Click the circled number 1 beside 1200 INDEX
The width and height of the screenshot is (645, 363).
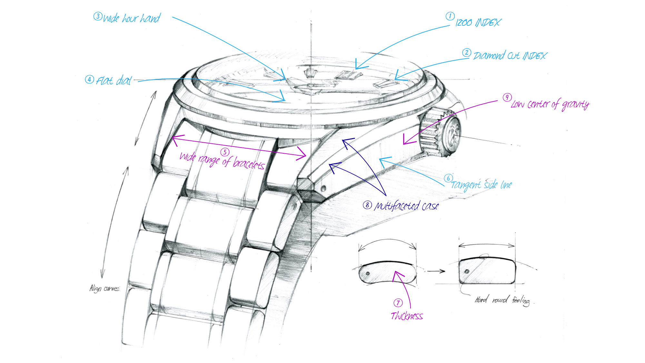tap(450, 16)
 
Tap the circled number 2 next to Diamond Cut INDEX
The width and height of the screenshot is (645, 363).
tap(466, 53)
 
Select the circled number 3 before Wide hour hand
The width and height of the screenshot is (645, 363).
tap(98, 16)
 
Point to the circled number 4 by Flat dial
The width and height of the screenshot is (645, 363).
tap(89, 79)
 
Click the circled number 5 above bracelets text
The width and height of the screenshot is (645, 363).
tap(225, 152)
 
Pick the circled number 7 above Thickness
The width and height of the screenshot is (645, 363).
tap(398, 303)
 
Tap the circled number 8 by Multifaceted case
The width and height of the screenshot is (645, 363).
tap(367, 205)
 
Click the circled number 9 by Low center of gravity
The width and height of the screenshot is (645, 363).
tap(507, 97)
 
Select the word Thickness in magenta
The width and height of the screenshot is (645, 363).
tap(407, 316)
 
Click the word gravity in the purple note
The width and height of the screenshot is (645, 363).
tap(575, 105)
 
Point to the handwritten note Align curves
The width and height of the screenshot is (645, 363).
tap(104, 288)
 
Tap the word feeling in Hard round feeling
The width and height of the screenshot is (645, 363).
tap(521, 301)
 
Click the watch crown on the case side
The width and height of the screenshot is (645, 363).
tap(440, 133)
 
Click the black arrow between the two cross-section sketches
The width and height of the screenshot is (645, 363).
tap(436, 271)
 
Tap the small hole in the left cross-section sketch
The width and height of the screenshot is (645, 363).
tap(368, 273)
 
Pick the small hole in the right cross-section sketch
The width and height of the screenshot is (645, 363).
tap(467, 271)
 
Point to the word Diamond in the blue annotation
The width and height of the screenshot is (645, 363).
tap(489, 56)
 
